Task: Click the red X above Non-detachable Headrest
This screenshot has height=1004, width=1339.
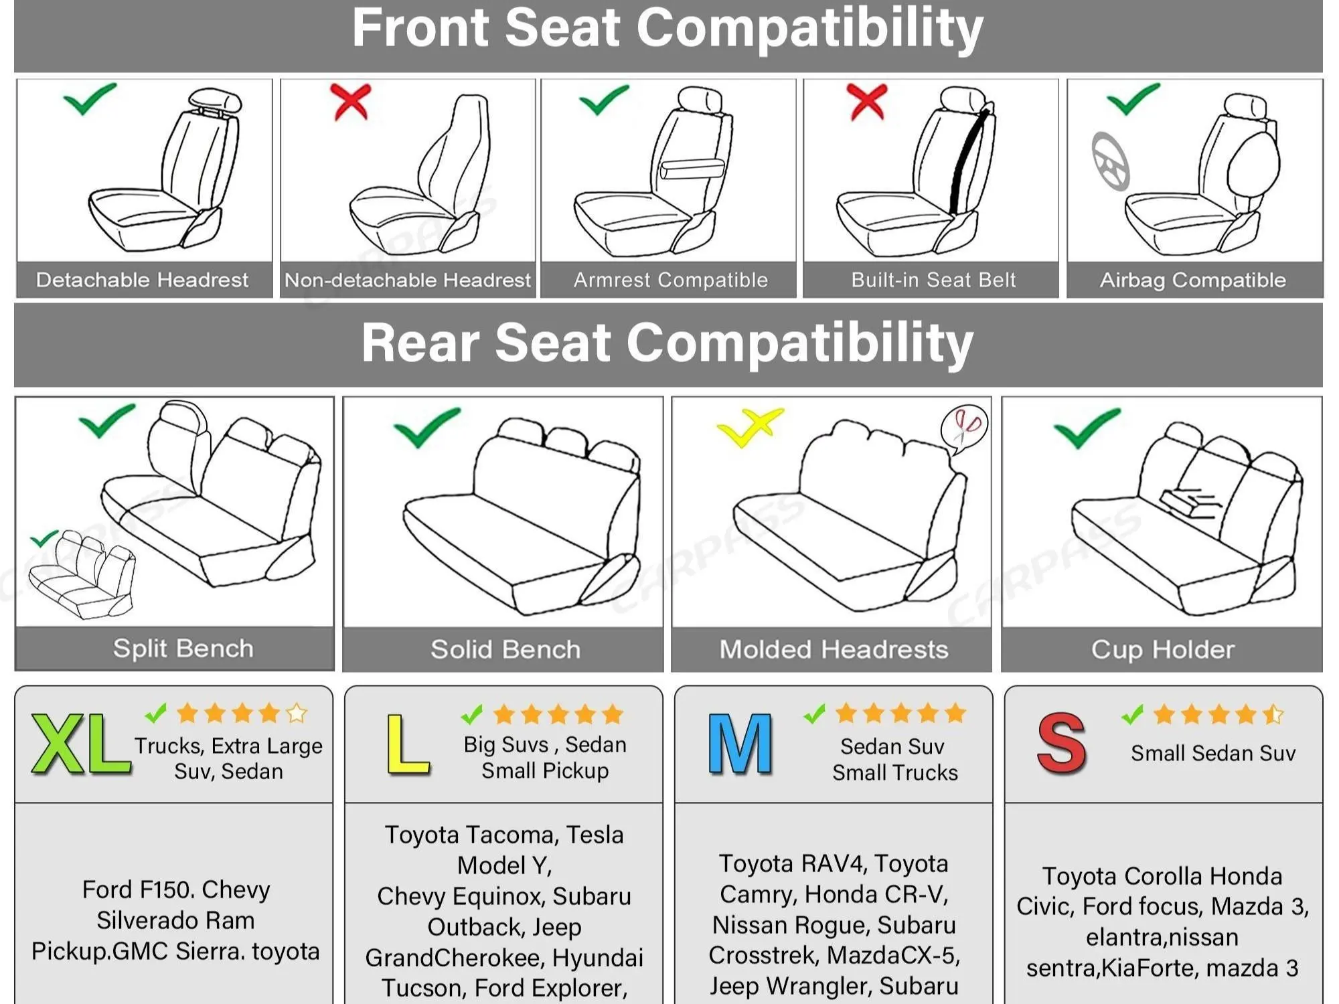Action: point(351,102)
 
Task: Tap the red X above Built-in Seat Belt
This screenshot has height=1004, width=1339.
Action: point(868,102)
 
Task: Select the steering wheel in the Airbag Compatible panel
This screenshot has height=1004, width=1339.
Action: point(1111,161)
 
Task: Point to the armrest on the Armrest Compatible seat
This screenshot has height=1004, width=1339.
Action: point(692,169)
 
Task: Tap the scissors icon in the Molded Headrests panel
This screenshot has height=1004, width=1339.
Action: point(964,429)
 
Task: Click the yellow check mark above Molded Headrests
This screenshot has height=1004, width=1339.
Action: point(749,426)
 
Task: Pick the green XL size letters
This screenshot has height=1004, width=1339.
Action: point(81,744)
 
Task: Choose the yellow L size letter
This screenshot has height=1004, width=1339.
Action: point(408,744)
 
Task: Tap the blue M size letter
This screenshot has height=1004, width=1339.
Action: point(740,744)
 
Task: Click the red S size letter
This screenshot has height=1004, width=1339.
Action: point(1062,744)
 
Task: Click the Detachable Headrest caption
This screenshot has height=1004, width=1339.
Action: point(142,280)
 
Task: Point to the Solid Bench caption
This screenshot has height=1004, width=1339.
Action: point(505,649)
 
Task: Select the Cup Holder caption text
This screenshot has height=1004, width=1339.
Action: point(1163,649)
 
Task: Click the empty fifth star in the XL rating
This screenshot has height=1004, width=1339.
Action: point(297,714)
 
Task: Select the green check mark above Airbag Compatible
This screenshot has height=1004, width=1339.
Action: point(1133,99)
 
